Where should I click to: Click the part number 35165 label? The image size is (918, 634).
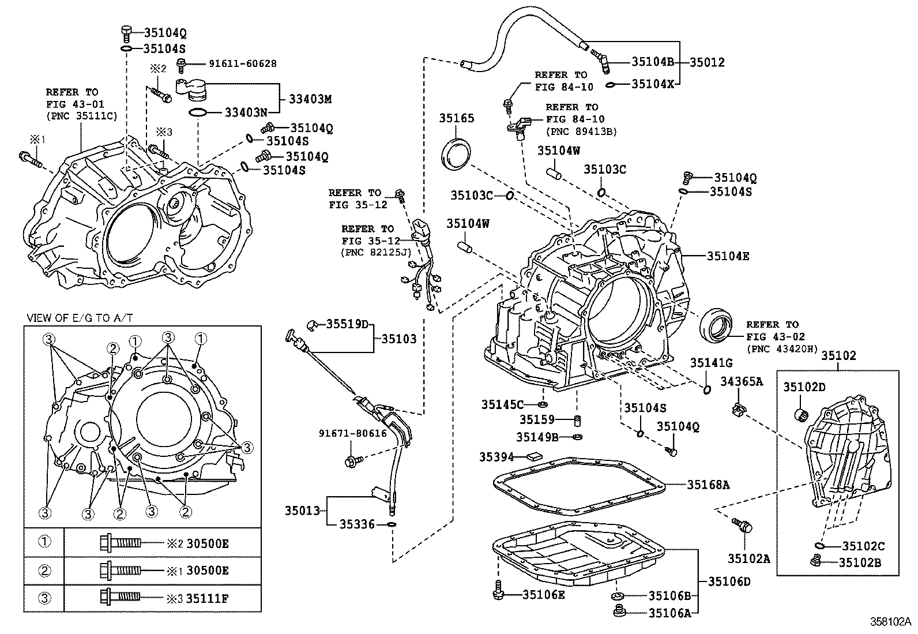[456, 118]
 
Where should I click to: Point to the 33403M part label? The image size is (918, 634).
[310, 99]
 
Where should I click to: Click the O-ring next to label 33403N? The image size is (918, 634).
[197, 111]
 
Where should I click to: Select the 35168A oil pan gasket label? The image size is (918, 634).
[708, 485]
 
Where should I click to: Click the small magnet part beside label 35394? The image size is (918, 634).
[533, 456]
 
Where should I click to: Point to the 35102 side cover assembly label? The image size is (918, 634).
[839, 356]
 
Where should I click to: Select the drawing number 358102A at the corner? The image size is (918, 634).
[890, 622]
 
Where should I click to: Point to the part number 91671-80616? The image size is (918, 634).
[353, 433]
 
